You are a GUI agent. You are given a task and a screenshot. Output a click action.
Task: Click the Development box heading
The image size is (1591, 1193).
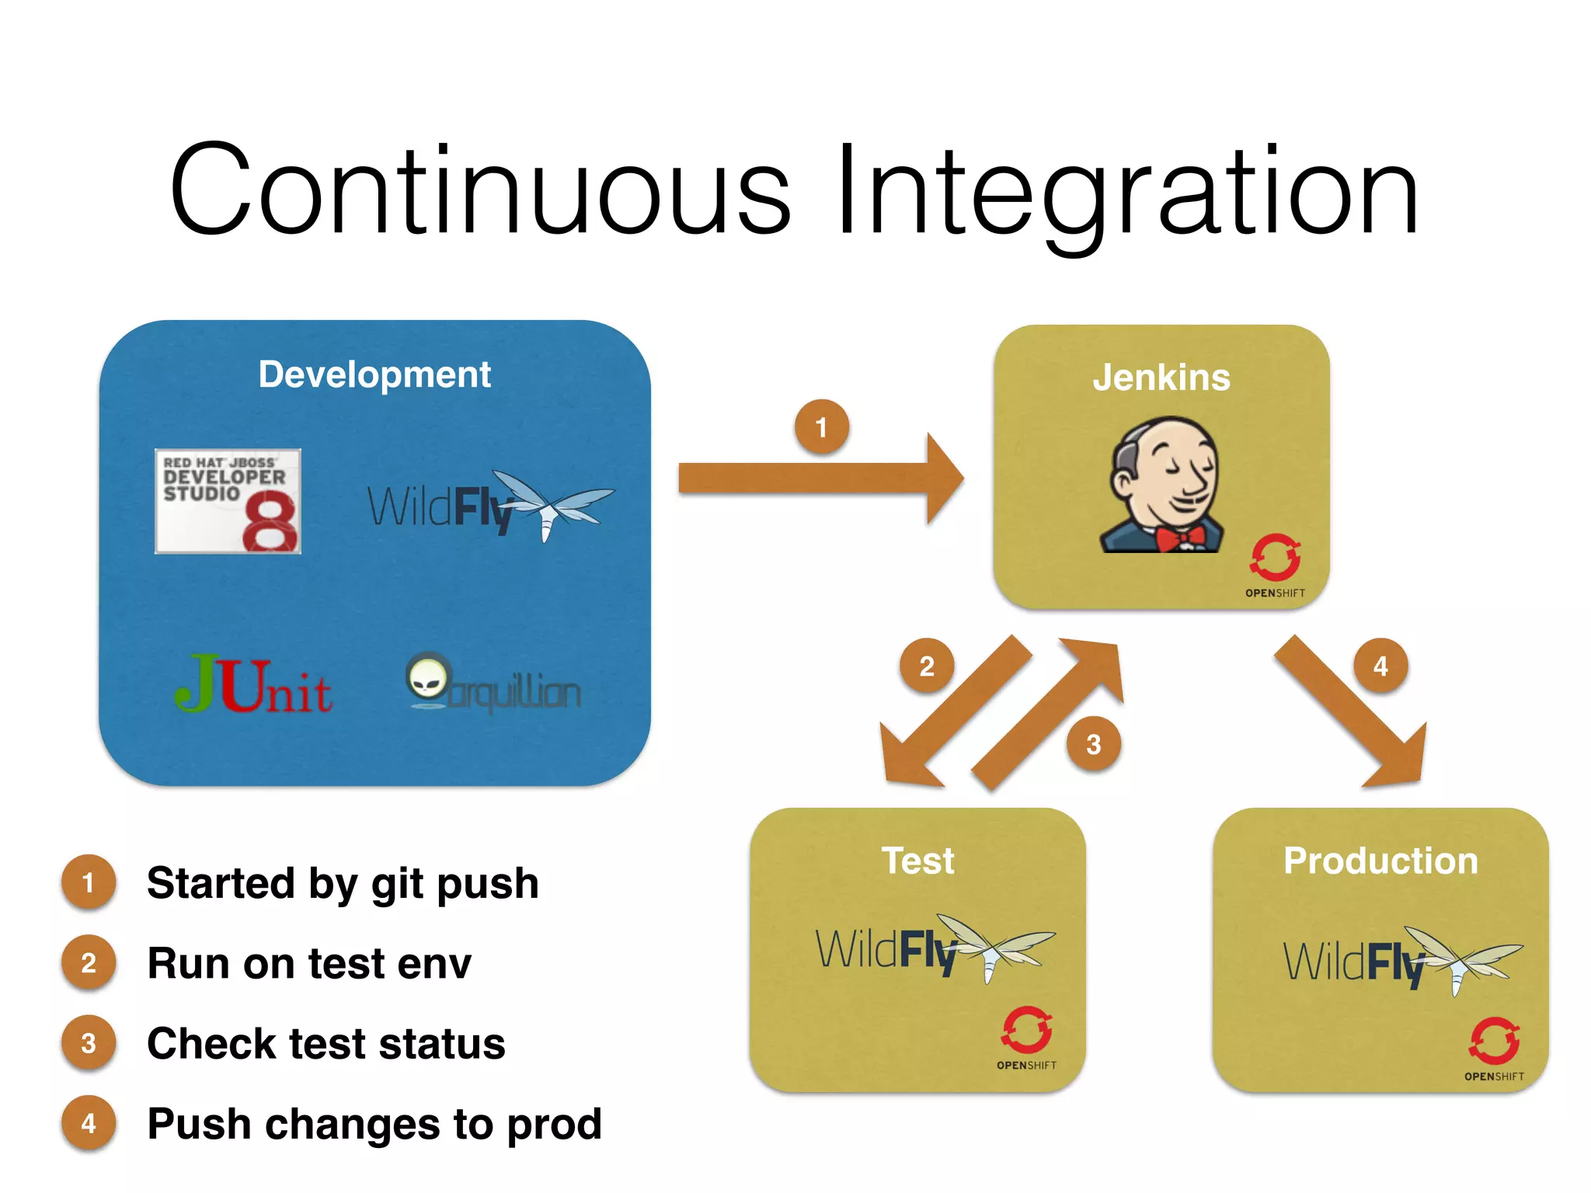coord(374,374)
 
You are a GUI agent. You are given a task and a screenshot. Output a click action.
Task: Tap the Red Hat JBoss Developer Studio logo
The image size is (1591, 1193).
coord(228,501)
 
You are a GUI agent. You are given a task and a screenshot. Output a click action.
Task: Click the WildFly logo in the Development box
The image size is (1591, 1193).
coord(489,506)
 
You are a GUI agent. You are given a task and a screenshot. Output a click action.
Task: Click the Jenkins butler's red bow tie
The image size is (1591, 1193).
coord(1179,537)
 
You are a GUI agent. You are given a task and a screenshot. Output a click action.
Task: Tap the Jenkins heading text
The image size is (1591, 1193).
coord(1161,377)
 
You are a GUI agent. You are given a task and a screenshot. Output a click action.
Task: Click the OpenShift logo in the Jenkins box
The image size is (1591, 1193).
coord(1275,564)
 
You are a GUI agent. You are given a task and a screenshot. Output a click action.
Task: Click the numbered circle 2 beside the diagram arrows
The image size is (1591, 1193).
coord(927,666)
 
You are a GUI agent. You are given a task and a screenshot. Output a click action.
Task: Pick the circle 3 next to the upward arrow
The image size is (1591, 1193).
coord(1093,744)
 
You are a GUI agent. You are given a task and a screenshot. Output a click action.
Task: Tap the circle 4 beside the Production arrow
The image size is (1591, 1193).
coord(1380,666)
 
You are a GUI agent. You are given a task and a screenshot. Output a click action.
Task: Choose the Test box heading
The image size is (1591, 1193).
coord(917,861)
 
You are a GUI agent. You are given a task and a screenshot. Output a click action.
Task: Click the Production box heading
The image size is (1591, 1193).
coord(1380,861)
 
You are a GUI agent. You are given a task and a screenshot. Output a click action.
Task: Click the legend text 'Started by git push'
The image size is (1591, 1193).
coord(343,883)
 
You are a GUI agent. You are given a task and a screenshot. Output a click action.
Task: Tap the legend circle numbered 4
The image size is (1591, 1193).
coord(89,1123)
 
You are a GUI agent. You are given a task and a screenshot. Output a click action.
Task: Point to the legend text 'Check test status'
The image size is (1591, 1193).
coord(326,1043)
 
